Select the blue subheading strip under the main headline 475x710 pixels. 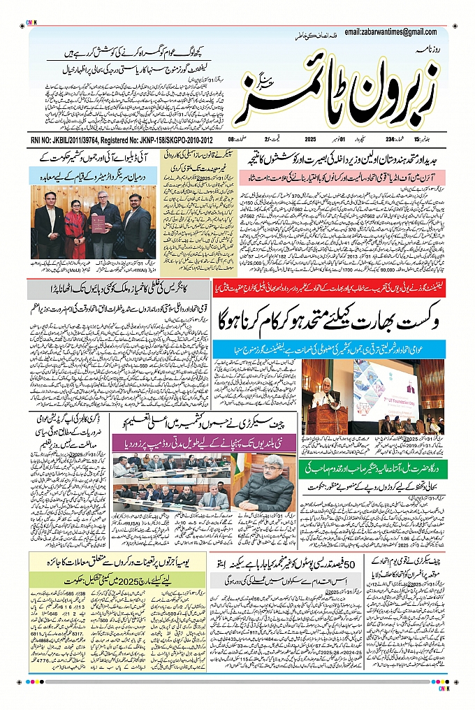(327, 348)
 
